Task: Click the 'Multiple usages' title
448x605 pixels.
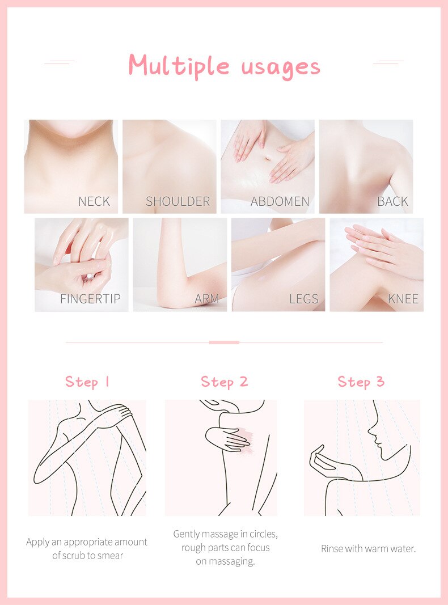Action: coord(224,66)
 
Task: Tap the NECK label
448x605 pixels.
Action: coord(94,201)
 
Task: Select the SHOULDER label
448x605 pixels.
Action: coord(177,201)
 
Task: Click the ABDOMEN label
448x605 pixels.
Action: coord(280,201)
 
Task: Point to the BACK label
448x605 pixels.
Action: coord(392,201)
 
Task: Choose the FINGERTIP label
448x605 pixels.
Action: coord(90,299)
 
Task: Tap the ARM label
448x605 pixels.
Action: coord(206,299)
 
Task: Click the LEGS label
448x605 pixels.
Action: coord(303,299)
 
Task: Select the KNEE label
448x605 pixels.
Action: coord(403,299)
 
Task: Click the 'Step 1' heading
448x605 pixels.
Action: coord(87,382)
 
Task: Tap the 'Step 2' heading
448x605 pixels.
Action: coord(224,382)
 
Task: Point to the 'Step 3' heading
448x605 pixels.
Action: coord(361,382)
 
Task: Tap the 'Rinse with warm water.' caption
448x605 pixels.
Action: coord(368,549)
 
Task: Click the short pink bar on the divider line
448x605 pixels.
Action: coord(224,342)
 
